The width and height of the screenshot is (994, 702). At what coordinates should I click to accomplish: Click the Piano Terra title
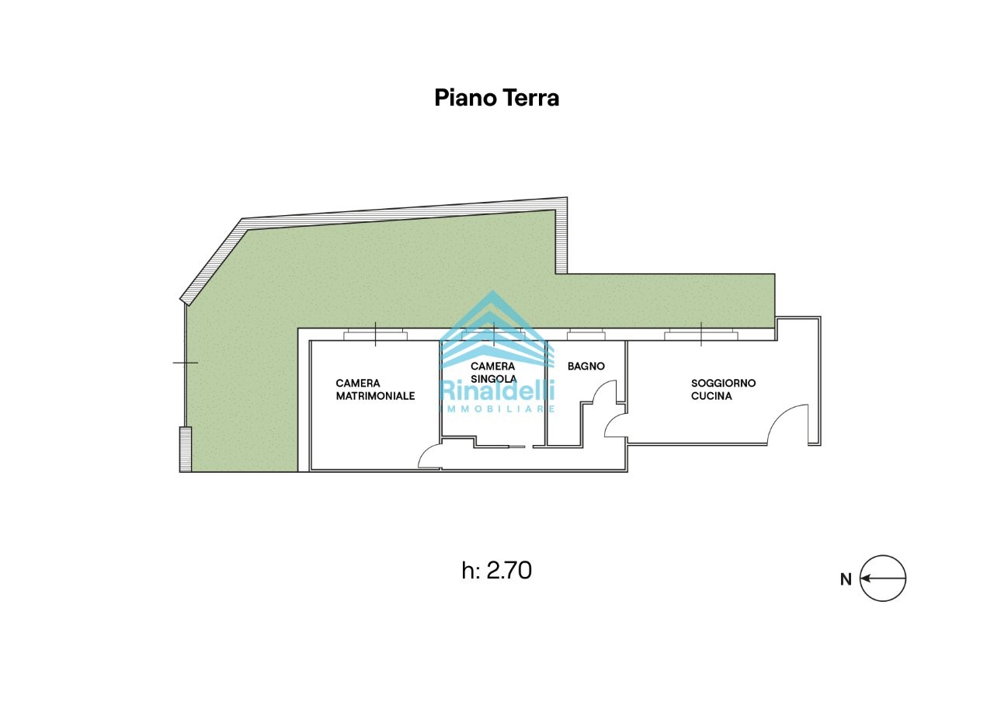[496, 98]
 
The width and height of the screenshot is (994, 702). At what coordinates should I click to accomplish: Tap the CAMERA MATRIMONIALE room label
[375, 390]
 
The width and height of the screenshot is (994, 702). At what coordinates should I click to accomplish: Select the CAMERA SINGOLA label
[493, 372]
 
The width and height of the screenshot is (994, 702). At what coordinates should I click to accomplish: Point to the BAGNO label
[586, 366]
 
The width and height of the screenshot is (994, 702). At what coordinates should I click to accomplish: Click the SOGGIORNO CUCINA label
[723, 389]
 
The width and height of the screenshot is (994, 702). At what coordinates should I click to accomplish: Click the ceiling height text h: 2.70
[496, 571]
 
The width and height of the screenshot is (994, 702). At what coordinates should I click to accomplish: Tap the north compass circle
[883, 579]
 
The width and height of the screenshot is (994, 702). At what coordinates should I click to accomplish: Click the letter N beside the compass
[846, 579]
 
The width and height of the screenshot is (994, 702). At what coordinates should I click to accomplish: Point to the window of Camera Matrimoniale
[375, 334]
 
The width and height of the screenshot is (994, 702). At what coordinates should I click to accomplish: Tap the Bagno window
[586, 334]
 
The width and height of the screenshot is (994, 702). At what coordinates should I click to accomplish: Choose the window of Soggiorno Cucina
[701, 334]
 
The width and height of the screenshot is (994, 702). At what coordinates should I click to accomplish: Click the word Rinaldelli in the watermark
[496, 391]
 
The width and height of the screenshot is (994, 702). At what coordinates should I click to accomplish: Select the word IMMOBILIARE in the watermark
[496, 408]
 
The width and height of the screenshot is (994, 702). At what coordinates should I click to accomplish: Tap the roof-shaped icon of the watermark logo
[495, 329]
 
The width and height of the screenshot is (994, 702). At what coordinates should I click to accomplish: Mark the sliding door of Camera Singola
[517, 447]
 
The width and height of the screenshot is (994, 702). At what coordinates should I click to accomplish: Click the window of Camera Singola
[493, 334]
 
